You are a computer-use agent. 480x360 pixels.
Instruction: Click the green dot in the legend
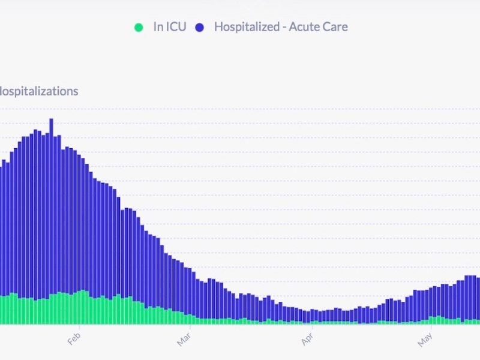(x=139, y=28)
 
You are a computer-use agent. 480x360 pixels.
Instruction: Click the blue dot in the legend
(x=200, y=28)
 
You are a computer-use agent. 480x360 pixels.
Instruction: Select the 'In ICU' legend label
(x=169, y=27)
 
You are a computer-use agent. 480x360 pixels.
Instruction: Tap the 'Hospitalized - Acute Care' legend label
(x=281, y=27)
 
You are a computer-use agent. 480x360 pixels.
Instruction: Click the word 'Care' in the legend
(x=335, y=27)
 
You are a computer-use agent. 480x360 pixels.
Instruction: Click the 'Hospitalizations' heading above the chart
(x=38, y=92)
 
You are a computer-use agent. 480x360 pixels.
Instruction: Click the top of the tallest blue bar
(x=51, y=119)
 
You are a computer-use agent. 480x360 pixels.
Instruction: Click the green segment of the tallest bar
(x=51, y=309)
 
